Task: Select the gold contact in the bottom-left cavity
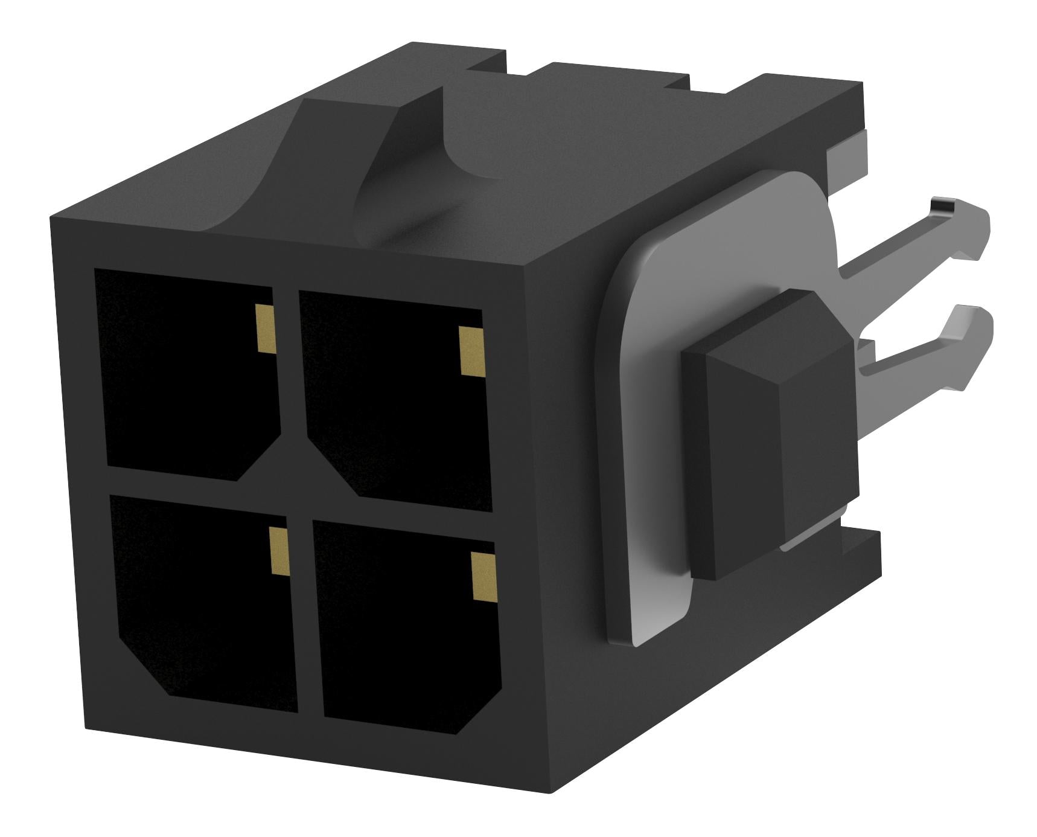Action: click(278, 550)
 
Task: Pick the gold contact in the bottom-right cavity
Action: click(482, 577)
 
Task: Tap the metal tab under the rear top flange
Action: click(845, 151)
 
